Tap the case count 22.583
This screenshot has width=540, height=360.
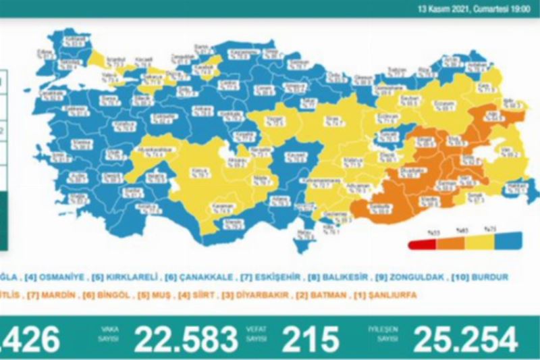(186, 338)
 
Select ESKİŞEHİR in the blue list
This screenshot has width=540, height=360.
(260, 277)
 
